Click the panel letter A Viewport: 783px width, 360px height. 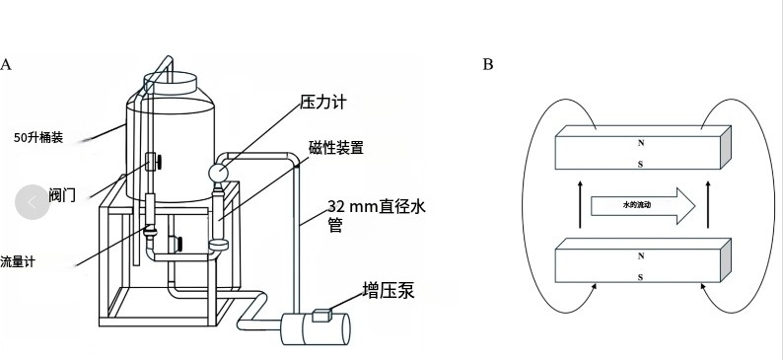(6, 65)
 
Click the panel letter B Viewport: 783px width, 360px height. (488, 65)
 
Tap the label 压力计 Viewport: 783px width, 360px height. (323, 103)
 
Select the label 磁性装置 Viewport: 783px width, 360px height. (336, 148)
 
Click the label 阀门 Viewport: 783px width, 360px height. (62, 196)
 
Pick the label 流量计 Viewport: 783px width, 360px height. (17, 262)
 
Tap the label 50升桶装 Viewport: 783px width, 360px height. (39, 138)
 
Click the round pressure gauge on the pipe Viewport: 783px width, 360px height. (218, 174)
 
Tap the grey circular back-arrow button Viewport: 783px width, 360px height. (33, 201)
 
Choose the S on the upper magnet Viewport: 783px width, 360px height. (641, 165)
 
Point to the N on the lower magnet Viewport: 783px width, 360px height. (641, 255)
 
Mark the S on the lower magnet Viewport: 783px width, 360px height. (641, 277)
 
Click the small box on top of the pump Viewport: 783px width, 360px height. (321, 316)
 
